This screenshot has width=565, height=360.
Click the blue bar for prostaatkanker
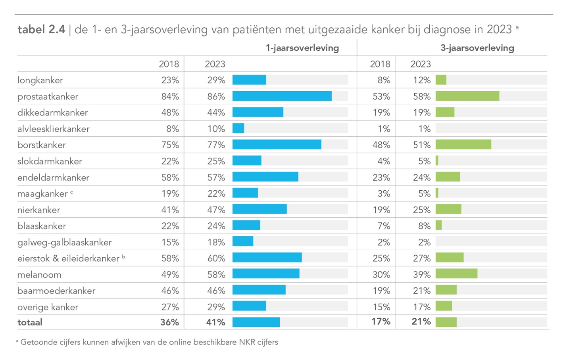pos(282,96)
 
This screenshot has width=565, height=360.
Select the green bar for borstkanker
pos(463,145)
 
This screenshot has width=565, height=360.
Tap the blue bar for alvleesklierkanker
pos(238,128)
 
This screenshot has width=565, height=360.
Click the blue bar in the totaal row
pos(256,322)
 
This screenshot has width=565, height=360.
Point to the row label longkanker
pos(40,80)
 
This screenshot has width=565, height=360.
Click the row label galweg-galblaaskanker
pos(64,242)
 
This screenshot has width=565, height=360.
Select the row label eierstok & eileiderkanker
pos(68,259)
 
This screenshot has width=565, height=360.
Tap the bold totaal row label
pos(30,322)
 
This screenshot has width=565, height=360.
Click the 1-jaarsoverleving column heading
pos(302,48)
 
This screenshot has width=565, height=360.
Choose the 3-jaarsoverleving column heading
pos(477,48)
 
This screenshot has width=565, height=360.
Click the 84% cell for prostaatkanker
pos(170,96)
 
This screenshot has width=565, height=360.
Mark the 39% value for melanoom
pos(421,274)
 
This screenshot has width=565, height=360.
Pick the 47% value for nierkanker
pos(216,210)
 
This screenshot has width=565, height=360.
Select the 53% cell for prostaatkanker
pos(381,96)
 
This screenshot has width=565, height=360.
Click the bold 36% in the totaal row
pos(169,322)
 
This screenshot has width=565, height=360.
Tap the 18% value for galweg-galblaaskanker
pos(216,242)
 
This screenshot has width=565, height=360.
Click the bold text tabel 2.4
pos(41,29)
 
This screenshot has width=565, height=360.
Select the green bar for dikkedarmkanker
pos(445,113)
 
